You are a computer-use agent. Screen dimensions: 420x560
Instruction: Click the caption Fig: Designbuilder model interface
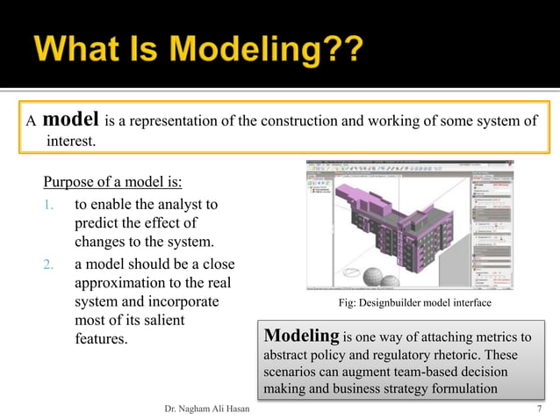[x=414, y=303]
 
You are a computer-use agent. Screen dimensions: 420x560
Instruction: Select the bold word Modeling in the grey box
[x=301, y=337]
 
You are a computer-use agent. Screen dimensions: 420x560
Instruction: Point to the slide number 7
[x=539, y=409]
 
